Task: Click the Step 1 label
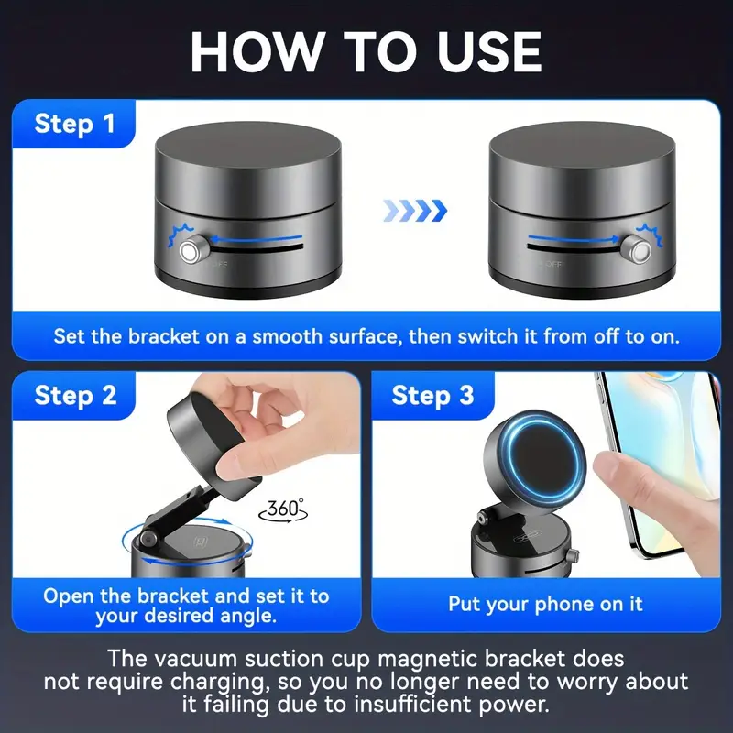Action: (x=75, y=124)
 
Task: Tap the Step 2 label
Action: (x=76, y=396)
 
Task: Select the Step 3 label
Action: (x=432, y=396)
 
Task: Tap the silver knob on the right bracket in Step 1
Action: (x=636, y=249)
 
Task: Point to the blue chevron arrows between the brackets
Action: (x=415, y=211)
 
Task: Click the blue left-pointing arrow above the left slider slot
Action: (x=257, y=239)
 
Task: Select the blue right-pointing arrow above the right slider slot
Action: (x=574, y=239)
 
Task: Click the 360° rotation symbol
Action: (x=283, y=509)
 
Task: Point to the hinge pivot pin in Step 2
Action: (x=148, y=539)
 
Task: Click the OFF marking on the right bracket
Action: (x=553, y=264)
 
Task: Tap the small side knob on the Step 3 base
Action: (x=572, y=556)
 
